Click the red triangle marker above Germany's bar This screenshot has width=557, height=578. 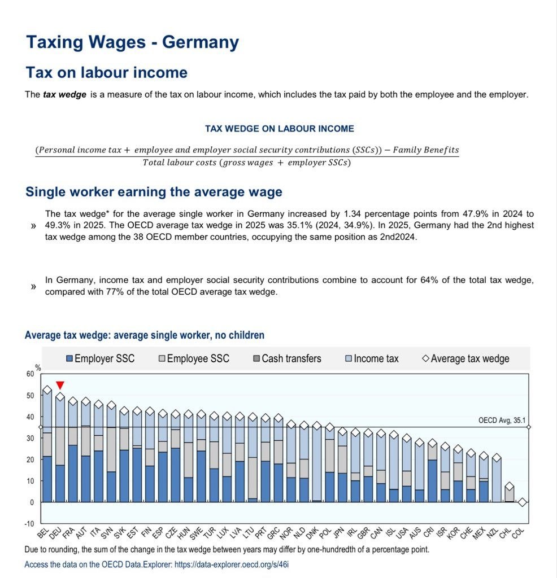pyautogui.click(x=60, y=385)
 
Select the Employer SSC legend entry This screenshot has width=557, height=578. pyautogui.click(x=101, y=358)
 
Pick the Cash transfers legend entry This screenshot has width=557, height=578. pyautogui.click(x=288, y=358)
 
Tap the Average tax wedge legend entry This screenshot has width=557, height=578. pyautogui.click(x=465, y=358)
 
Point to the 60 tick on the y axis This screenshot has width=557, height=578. pyautogui.click(x=30, y=374)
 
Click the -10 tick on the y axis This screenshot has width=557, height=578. pyautogui.click(x=29, y=523)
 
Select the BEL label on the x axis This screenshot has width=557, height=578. pyautogui.click(x=43, y=533)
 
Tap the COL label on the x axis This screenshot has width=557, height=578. pyautogui.click(x=518, y=533)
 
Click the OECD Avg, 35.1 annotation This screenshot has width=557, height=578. pyautogui.click(x=502, y=420)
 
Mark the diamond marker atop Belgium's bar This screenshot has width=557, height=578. pyautogui.click(x=47, y=389)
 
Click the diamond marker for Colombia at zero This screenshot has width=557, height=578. pyautogui.click(x=522, y=502)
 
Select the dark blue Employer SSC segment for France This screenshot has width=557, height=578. pyautogui.click(x=73, y=474)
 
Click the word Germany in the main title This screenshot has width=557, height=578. pyautogui.click(x=201, y=42)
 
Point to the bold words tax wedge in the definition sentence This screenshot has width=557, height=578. pyautogui.click(x=64, y=95)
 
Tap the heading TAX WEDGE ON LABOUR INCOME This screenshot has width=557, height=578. pyautogui.click(x=280, y=129)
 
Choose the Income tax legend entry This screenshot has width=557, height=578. pyautogui.click(x=372, y=358)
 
